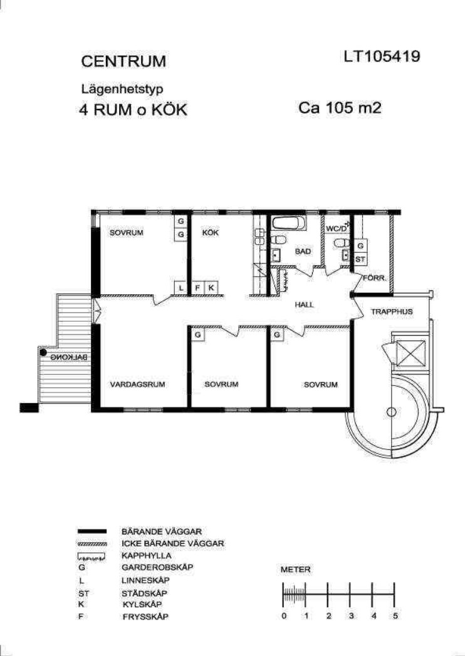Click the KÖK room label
pos(211,233)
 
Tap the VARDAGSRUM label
pos(137,384)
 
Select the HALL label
pos(304,305)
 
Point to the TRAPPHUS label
pos(392,312)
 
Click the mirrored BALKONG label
pos(69,357)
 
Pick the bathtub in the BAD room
pos(288,223)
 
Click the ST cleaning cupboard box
pos(360,259)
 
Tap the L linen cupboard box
pos(180,288)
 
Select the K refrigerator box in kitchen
pos(211,288)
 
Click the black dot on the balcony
pos(43,352)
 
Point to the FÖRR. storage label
pos(374,278)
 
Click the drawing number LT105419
pos(382,56)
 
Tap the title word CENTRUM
pos(123,61)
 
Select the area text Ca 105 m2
pos(340,108)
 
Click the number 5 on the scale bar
pos(395,616)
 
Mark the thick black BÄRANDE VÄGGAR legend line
pos(92,531)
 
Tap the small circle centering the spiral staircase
pos(391,412)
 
